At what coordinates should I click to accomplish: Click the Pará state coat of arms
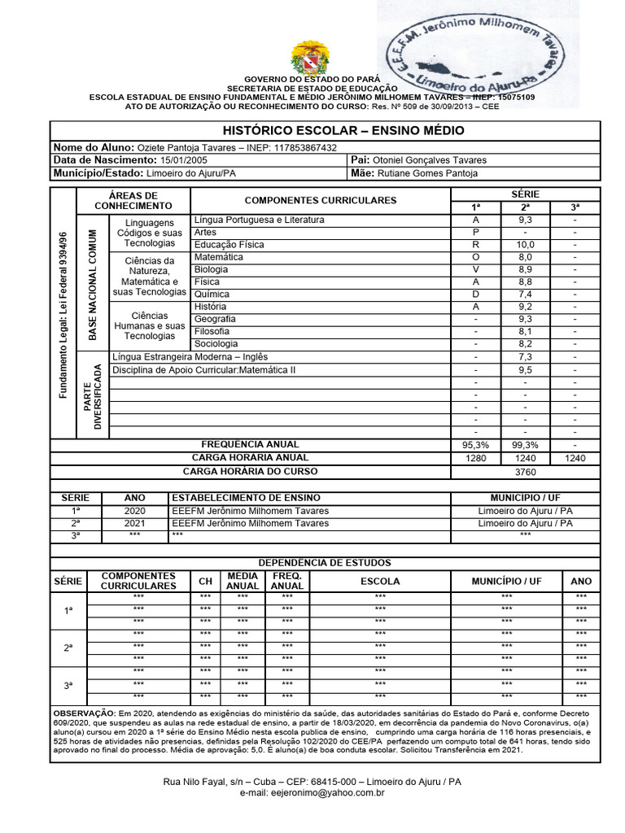(x=311, y=58)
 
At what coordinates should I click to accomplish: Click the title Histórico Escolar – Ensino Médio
(x=343, y=131)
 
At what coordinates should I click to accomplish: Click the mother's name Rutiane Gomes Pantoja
(x=427, y=173)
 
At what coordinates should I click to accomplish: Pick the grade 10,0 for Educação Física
(x=525, y=245)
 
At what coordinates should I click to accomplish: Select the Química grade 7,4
(x=525, y=294)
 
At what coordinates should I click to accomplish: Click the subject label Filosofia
(x=212, y=331)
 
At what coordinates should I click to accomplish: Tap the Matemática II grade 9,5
(x=525, y=369)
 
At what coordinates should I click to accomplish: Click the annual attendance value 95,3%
(x=475, y=445)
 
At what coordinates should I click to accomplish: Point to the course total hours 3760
(x=525, y=472)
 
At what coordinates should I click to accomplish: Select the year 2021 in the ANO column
(x=134, y=523)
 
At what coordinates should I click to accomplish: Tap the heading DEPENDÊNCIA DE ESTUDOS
(x=325, y=563)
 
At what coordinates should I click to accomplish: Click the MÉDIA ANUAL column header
(x=243, y=581)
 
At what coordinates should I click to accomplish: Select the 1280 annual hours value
(x=475, y=459)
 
